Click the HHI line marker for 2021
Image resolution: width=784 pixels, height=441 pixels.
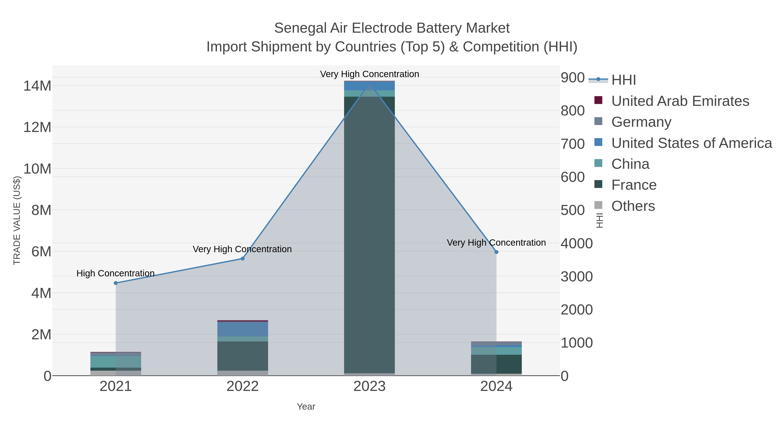click(116, 283)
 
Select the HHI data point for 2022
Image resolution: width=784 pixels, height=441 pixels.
click(243, 259)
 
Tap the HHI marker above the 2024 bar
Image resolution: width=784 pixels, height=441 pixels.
click(496, 252)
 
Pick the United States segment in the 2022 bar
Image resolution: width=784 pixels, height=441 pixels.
click(243, 329)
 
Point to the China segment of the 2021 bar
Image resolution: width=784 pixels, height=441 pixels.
click(116, 362)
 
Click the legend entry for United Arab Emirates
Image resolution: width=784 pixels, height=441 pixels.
click(680, 101)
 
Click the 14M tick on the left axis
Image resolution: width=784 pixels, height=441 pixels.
click(37, 86)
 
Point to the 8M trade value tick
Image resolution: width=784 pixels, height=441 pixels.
click(41, 210)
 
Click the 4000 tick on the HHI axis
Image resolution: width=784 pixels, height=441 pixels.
click(576, 243)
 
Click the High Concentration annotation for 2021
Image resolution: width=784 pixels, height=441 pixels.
click(115, 273)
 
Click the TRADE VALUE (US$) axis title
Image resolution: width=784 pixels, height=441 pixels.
click(17, 220)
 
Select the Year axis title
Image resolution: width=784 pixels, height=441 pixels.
click(306, 407)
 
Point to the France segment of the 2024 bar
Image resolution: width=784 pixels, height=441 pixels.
click(496, 364)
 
